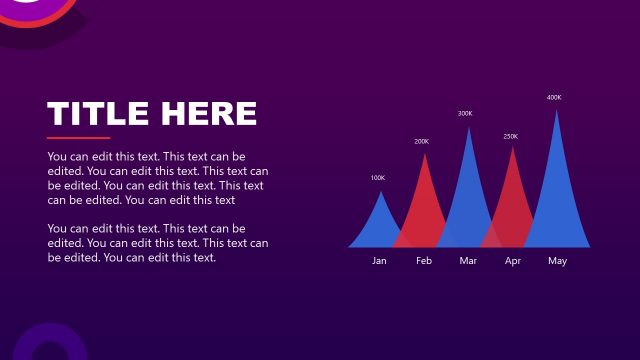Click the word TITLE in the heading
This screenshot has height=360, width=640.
(x=98, y=113)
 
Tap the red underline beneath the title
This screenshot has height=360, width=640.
(x=78, y=138)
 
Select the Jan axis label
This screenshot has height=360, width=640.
(x=379, y=261)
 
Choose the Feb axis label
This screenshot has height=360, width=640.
(x=424, y=261)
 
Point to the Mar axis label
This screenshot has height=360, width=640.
(x=468, y=261)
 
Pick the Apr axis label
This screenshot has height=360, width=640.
(x=513, y=261)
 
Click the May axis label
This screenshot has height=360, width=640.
(x=557, y=261)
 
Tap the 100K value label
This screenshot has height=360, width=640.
(x=377, y=178)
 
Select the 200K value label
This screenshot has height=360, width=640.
(x=421, y=142)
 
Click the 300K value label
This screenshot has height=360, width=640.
(x=465, y=114)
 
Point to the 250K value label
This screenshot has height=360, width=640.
(x=510, y=136)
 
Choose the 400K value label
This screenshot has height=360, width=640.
(x=554, y=98)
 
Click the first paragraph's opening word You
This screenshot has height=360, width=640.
(x=57, y=157)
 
